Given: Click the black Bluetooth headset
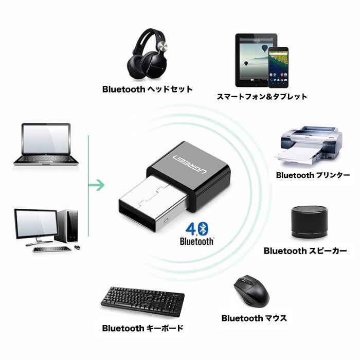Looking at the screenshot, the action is (149, 55).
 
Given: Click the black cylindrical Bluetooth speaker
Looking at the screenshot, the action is (309, 223).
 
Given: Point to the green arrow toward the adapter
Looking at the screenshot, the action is (96, 184).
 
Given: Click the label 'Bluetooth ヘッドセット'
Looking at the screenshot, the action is (147, 89).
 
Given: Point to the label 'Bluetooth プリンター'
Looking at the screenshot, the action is (313, 175).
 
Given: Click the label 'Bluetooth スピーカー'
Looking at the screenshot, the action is (305, 251).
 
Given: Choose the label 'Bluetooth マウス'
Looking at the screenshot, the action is (254, 318).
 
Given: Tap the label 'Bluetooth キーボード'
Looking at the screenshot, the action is (143, 328).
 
